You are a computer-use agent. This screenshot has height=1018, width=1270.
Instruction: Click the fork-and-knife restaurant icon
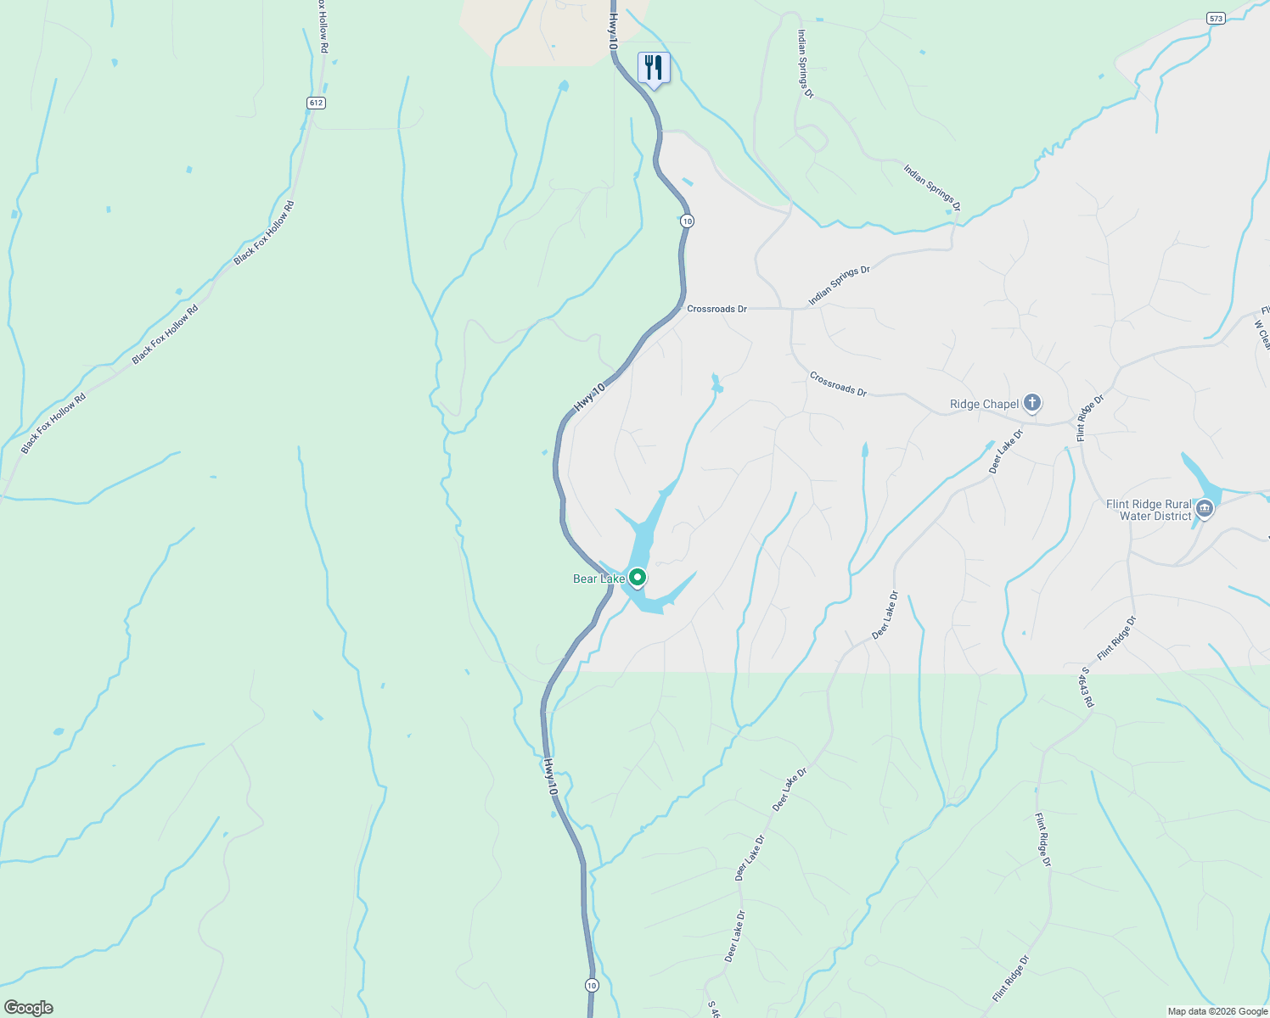pos(654,67)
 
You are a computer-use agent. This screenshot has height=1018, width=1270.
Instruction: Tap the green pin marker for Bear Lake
pos(638,578)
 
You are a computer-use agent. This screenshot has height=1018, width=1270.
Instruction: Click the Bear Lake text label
pos(598,579)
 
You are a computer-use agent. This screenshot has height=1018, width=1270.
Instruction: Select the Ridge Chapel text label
pos(984,404)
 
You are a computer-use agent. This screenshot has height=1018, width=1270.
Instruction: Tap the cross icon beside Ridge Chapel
pos(1032,403)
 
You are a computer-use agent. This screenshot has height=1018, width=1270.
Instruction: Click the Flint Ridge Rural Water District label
pos(1149,510)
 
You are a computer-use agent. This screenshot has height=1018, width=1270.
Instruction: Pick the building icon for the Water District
pos(1204,510)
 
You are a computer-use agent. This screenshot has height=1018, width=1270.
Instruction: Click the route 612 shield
pos(316,103)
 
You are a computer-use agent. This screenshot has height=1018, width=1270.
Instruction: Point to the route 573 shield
pos(1217,18)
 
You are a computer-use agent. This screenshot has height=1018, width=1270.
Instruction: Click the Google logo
pos(28,1008)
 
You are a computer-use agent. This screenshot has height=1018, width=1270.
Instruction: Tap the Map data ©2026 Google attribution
pos(1217,1011)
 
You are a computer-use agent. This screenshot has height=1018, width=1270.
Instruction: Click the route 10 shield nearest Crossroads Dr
pos(687,221)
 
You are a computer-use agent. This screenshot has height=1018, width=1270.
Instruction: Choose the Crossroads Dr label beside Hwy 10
pos(716,309)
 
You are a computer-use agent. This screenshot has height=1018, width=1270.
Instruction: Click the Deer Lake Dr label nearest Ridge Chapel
pos(1006,450)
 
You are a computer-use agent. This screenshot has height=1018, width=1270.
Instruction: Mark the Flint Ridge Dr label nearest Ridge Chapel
pos(1090,417)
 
